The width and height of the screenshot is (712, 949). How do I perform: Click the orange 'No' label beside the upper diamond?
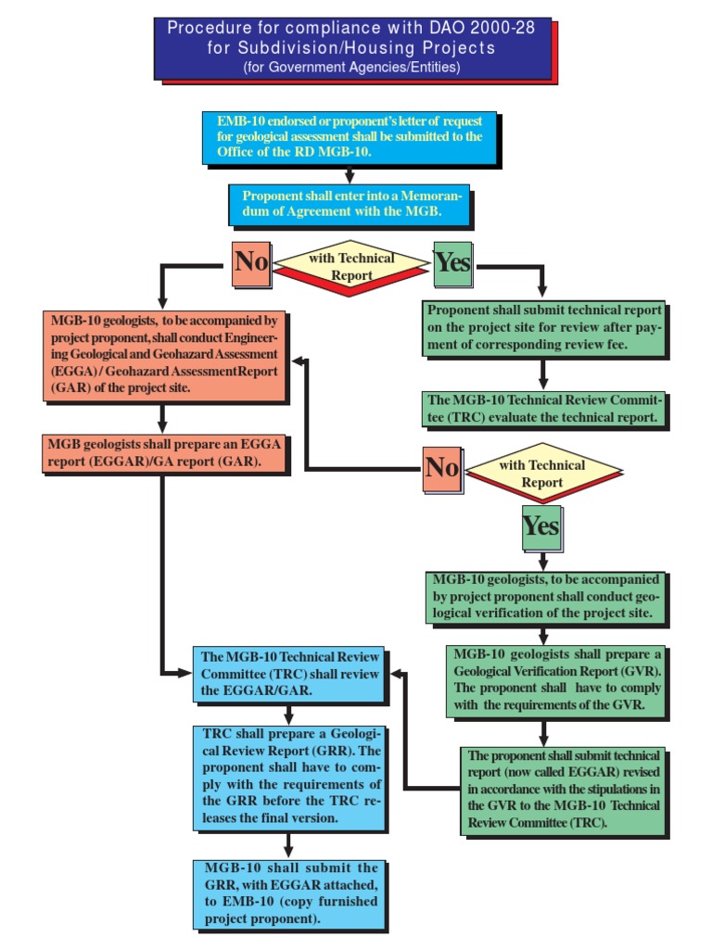point(250,261)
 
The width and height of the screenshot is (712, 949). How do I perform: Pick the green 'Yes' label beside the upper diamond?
point(453,262)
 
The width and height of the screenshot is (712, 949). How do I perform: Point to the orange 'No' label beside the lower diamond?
point(441,468)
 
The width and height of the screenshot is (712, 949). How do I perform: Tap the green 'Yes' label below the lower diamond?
point(540,526)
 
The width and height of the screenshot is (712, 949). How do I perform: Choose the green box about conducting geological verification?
point(544,596)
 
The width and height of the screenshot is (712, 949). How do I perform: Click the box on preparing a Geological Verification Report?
point(556,680)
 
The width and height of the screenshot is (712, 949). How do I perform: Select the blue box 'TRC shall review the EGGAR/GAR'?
point(288,673)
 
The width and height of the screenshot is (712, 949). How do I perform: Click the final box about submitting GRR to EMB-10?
point(288,893)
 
